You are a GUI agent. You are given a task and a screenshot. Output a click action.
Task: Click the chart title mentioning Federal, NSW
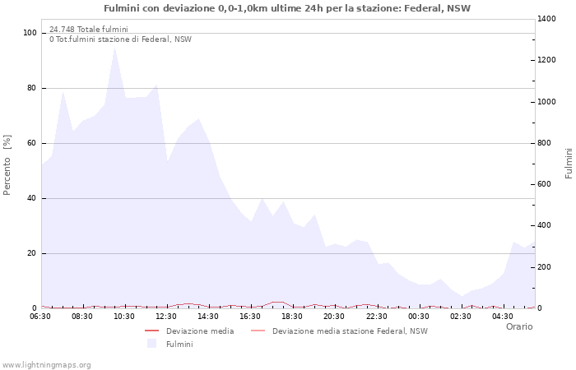[287, 8]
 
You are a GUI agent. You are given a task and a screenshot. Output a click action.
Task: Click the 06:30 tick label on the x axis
[40, 316]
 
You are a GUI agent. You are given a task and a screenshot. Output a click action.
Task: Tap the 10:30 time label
[124, 316]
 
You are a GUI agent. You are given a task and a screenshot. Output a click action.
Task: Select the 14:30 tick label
[208, 316]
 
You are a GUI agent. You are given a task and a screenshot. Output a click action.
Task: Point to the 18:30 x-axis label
[292, 316]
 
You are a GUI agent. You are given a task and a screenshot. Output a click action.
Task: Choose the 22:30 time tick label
[376, 316]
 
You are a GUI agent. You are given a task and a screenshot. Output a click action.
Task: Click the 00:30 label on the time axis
[418, 316]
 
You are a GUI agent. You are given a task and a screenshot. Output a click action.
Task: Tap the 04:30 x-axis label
[502, 316]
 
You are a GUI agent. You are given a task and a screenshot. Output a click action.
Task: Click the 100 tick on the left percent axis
[30, 33]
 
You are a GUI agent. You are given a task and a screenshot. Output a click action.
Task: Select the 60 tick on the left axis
[33, 143]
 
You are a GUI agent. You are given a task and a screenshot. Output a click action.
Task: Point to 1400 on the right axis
[548, 19]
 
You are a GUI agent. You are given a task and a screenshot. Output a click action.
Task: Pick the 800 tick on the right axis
[546, 143]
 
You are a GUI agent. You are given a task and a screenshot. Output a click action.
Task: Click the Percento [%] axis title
[7, 164]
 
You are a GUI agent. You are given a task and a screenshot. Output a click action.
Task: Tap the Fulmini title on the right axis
[569, 163]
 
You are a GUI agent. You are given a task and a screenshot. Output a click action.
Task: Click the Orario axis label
[518, 326]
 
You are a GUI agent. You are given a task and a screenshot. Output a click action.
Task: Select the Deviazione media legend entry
[200, 331]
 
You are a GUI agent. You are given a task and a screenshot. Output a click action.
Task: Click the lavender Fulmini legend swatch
[151, 344]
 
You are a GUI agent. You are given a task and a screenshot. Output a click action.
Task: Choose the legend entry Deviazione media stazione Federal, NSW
[350, 331]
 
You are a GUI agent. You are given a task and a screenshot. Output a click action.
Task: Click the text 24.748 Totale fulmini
[88, 30]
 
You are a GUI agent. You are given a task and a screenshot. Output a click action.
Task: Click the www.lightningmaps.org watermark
[46, 364]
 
